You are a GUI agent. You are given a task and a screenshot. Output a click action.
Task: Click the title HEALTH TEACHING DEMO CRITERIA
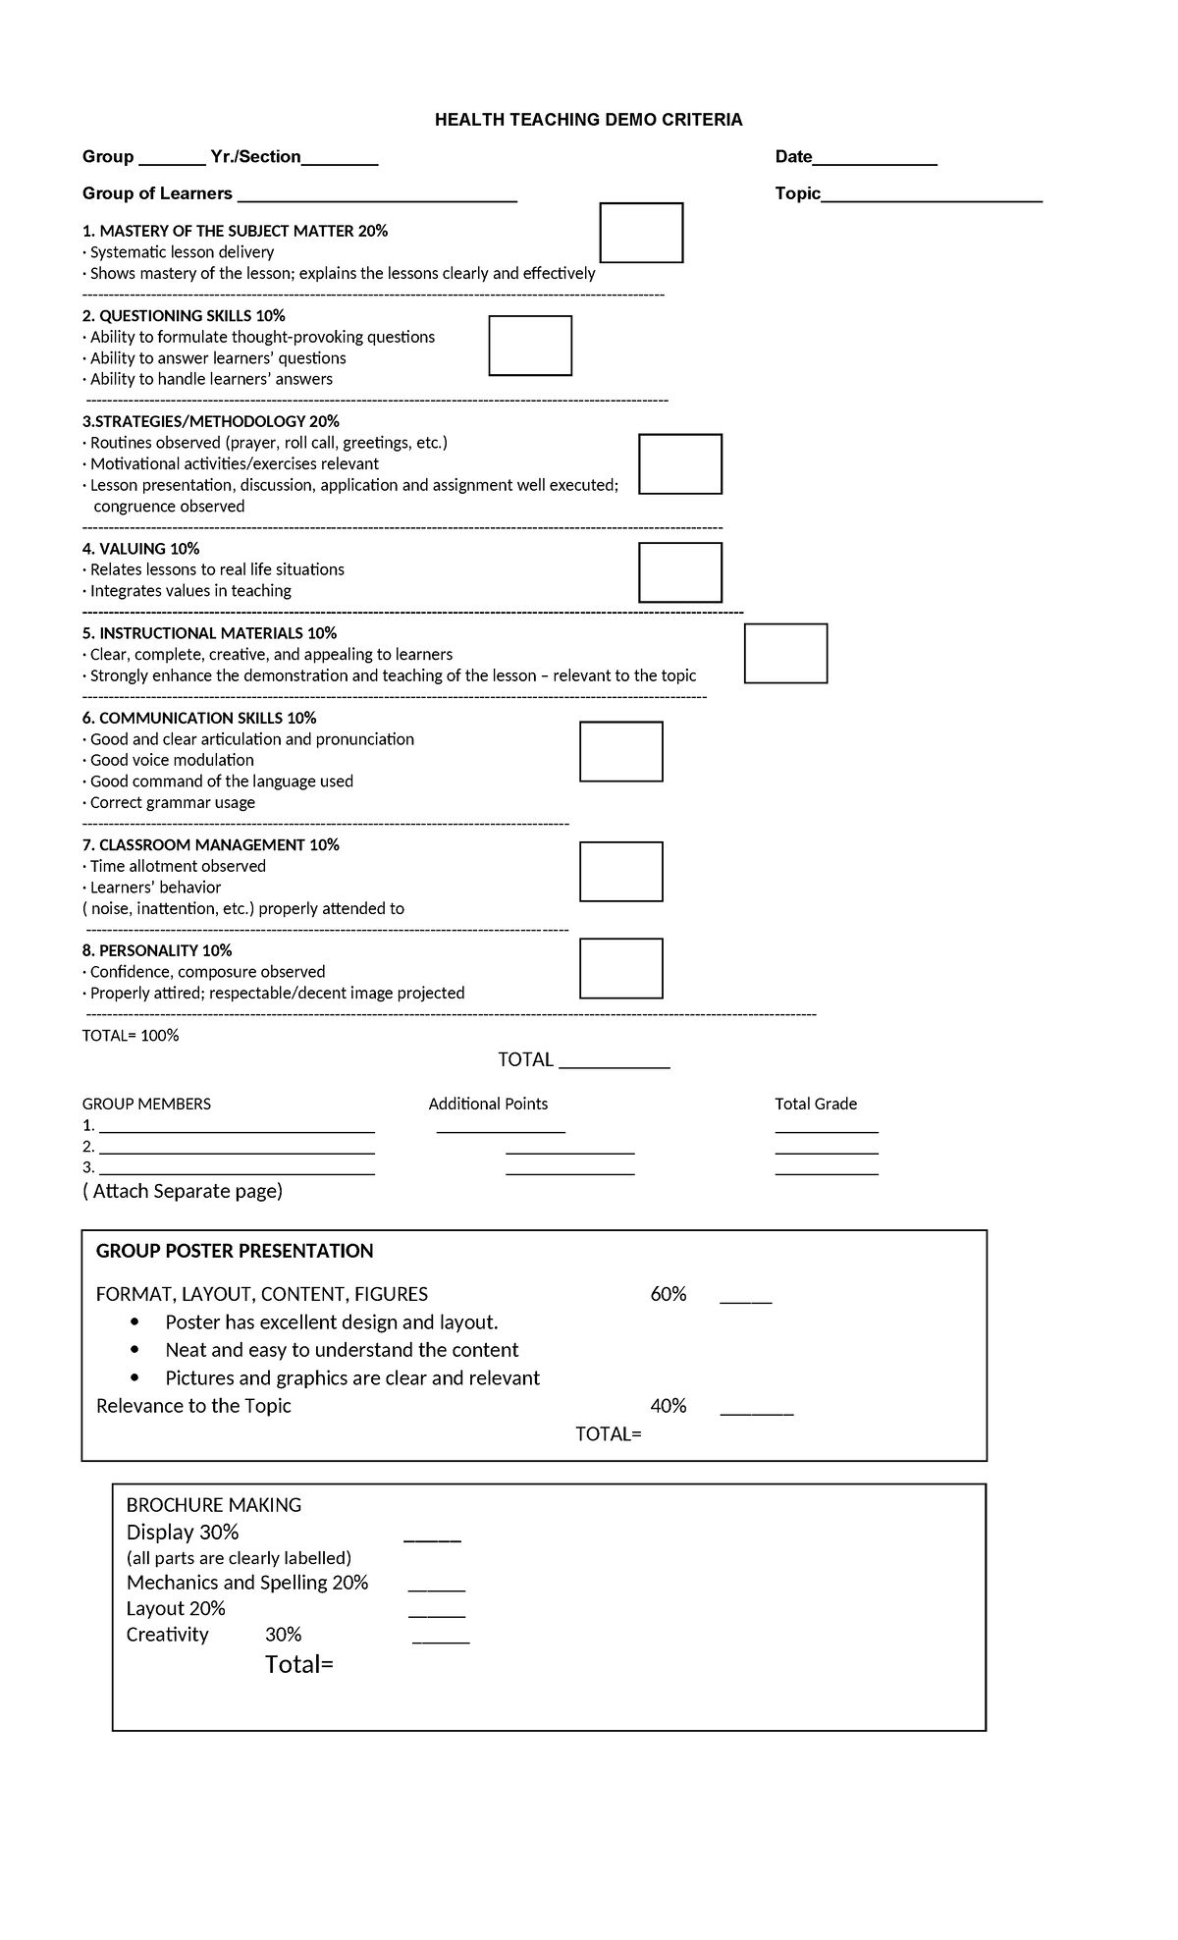coord(588,120)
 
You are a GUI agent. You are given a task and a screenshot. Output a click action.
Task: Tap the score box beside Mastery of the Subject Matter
coord(641,233)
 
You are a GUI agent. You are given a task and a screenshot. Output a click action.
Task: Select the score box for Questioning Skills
coord(530,346)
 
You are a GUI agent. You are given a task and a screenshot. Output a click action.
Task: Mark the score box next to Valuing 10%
coord(680,572)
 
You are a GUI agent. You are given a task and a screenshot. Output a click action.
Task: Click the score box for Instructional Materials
coord(785,654)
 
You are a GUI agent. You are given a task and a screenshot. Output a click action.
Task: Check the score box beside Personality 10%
coord(620,968)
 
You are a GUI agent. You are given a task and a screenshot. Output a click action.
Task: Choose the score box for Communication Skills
coord(620,752)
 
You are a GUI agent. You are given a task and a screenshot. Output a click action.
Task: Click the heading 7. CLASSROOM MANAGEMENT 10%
coord(211,845)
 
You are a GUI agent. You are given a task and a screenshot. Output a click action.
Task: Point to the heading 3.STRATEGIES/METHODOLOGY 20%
coord(211,422)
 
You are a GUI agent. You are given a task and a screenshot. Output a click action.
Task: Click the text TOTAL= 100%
coord(131,1036)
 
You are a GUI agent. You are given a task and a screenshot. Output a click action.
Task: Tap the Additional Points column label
coord(488,1105)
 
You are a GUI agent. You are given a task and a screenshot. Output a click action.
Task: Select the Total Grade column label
coord(816,1105)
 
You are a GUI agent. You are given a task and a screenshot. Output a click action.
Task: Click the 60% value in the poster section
coord(668,1295)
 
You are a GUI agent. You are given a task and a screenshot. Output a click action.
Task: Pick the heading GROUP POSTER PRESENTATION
coord(235,1252)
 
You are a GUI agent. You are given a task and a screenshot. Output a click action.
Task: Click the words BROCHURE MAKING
coord(214,1505)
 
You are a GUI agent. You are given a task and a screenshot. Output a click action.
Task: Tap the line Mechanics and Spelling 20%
coord(247,1583)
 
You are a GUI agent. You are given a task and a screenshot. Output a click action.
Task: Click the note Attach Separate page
coord(183,1192)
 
